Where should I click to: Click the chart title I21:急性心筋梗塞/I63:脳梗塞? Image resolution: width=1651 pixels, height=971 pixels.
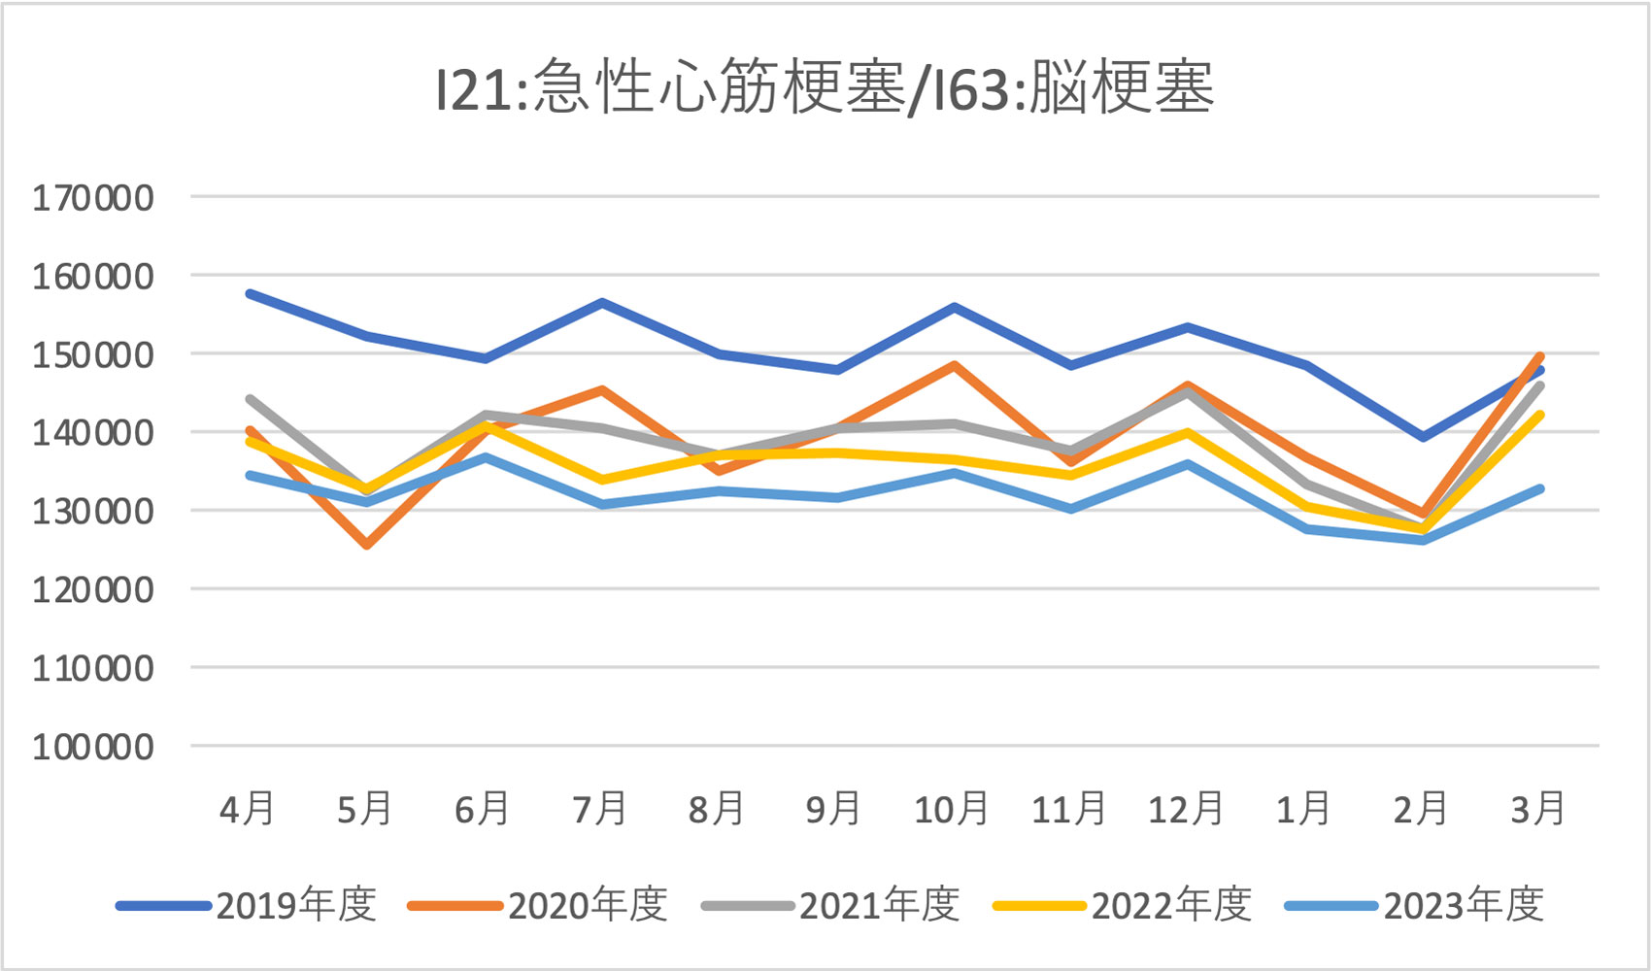(825, 88)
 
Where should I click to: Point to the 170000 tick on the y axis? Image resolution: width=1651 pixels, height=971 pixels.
(93, 198)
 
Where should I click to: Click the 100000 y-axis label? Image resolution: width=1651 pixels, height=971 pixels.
(93, 747)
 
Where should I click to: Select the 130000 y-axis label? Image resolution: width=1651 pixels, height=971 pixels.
(93, 511)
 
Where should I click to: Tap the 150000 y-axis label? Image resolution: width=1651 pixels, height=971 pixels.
(93, 354)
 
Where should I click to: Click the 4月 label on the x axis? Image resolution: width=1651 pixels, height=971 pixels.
(248, 808)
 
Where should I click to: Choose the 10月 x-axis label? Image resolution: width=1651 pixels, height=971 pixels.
(951, 808)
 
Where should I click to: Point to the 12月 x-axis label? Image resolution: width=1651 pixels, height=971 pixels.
(1186, 808)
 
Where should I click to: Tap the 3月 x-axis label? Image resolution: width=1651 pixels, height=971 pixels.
(1538, 808)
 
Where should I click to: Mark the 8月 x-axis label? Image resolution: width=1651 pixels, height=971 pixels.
(717, 808)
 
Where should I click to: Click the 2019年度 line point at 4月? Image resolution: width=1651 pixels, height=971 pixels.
(250, 293)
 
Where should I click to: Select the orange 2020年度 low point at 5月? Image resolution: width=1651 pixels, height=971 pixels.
(367, 545)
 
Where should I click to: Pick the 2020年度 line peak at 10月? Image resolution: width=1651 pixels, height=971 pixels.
(955, 366)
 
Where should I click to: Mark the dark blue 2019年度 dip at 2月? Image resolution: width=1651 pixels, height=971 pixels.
(1423, 437)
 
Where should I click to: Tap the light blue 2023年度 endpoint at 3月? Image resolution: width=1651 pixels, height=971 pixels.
(1540, 489)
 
